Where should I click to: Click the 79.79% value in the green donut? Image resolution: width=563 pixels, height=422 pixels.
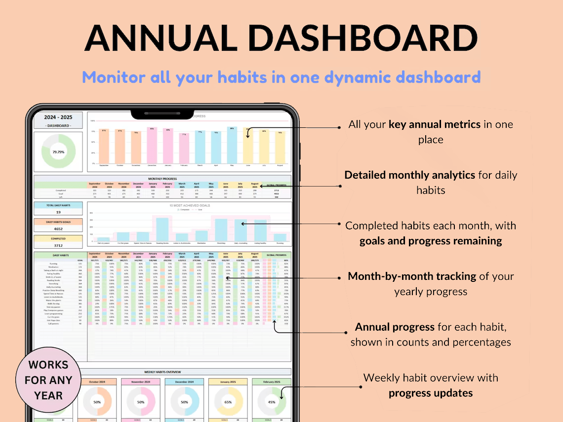[59, 152]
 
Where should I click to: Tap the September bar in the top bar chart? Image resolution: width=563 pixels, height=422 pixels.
[104, 147]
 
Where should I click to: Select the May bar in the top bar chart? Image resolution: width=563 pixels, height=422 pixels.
[232, 146]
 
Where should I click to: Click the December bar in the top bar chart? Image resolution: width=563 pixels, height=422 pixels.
[152, 146]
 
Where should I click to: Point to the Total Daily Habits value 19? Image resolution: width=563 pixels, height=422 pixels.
[58, 212]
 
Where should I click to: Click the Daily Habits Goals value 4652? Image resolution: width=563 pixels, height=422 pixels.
[58, 229]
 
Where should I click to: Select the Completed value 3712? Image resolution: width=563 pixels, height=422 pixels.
[58, 245]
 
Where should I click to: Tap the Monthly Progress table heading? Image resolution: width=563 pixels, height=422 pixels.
[162, 179]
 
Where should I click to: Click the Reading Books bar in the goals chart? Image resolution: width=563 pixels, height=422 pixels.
[162, 229]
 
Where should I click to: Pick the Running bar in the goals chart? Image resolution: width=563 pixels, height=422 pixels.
[280, 236]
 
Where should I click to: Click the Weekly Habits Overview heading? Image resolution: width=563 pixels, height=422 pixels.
[162, 372]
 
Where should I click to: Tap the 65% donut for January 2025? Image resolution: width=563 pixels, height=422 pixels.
[228, 402]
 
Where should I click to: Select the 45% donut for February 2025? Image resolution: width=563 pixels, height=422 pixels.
[271, 402]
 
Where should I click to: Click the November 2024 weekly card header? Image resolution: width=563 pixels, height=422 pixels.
[141, 382]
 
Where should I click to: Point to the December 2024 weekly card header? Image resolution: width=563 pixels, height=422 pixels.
[184, 382]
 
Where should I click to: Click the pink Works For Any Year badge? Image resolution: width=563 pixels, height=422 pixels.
[48, 380]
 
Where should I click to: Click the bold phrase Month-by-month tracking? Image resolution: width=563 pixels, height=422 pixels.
[414, 276]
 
